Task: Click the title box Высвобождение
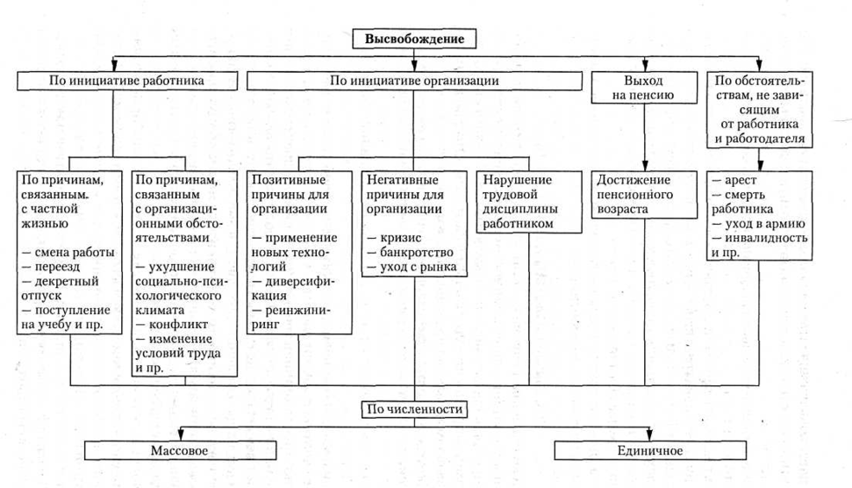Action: (414, 39)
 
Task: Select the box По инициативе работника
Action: (113, 80)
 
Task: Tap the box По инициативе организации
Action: (414, 80)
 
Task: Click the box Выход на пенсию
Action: (645, 89)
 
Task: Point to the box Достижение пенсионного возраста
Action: (646, 195)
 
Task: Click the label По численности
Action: (414, 409)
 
